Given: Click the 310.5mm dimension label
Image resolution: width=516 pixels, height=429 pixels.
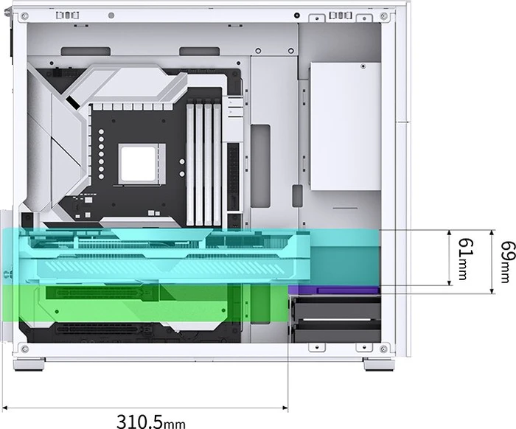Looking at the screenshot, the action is tap(151, 422).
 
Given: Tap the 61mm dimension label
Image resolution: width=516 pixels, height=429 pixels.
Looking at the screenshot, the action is tap(467, 259).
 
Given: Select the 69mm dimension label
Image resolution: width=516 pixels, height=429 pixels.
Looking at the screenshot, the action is tap(508, 262).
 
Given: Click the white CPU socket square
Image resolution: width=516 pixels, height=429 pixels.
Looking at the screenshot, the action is tap(138, 164).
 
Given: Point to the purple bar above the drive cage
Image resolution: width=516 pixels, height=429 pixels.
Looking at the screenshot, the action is tap(335, 290).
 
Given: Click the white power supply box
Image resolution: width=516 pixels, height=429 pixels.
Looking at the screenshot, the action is tap(345, 126).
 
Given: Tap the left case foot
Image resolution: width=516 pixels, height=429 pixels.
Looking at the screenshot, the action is tap(29, 365).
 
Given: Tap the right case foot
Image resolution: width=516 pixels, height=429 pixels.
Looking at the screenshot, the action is tap(379, 365).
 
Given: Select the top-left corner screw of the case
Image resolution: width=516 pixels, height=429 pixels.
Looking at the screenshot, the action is tap(24, 15).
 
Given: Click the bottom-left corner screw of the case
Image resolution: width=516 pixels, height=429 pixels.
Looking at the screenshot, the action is tap(24, 349).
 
